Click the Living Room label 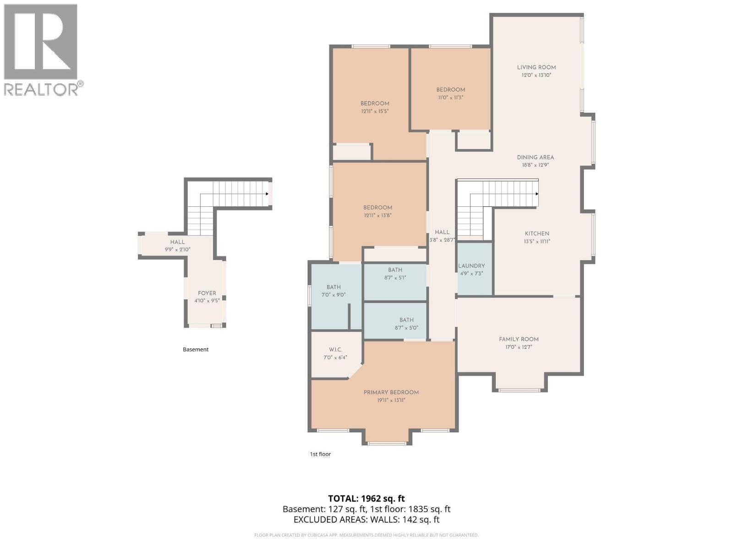pos(536,67)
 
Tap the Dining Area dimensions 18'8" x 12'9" pos(535,165)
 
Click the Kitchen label pos(537,234)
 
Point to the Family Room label pos(519,340)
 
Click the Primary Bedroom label pos(391,393)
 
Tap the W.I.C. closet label pos(335,350)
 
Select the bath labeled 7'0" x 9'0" pos(334,291)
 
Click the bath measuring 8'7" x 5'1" pos(395,274)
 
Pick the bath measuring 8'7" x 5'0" pos(406,324)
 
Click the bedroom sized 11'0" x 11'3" pos(450,93)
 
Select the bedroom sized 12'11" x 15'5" pos(375,107)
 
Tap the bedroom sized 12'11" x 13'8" pos(377,211)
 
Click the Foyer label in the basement pos(207,293)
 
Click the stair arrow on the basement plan pos(267,194)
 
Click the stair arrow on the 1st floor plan pos(536,194)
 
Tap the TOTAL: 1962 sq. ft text pos(366,499)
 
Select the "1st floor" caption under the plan pos(320,454)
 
